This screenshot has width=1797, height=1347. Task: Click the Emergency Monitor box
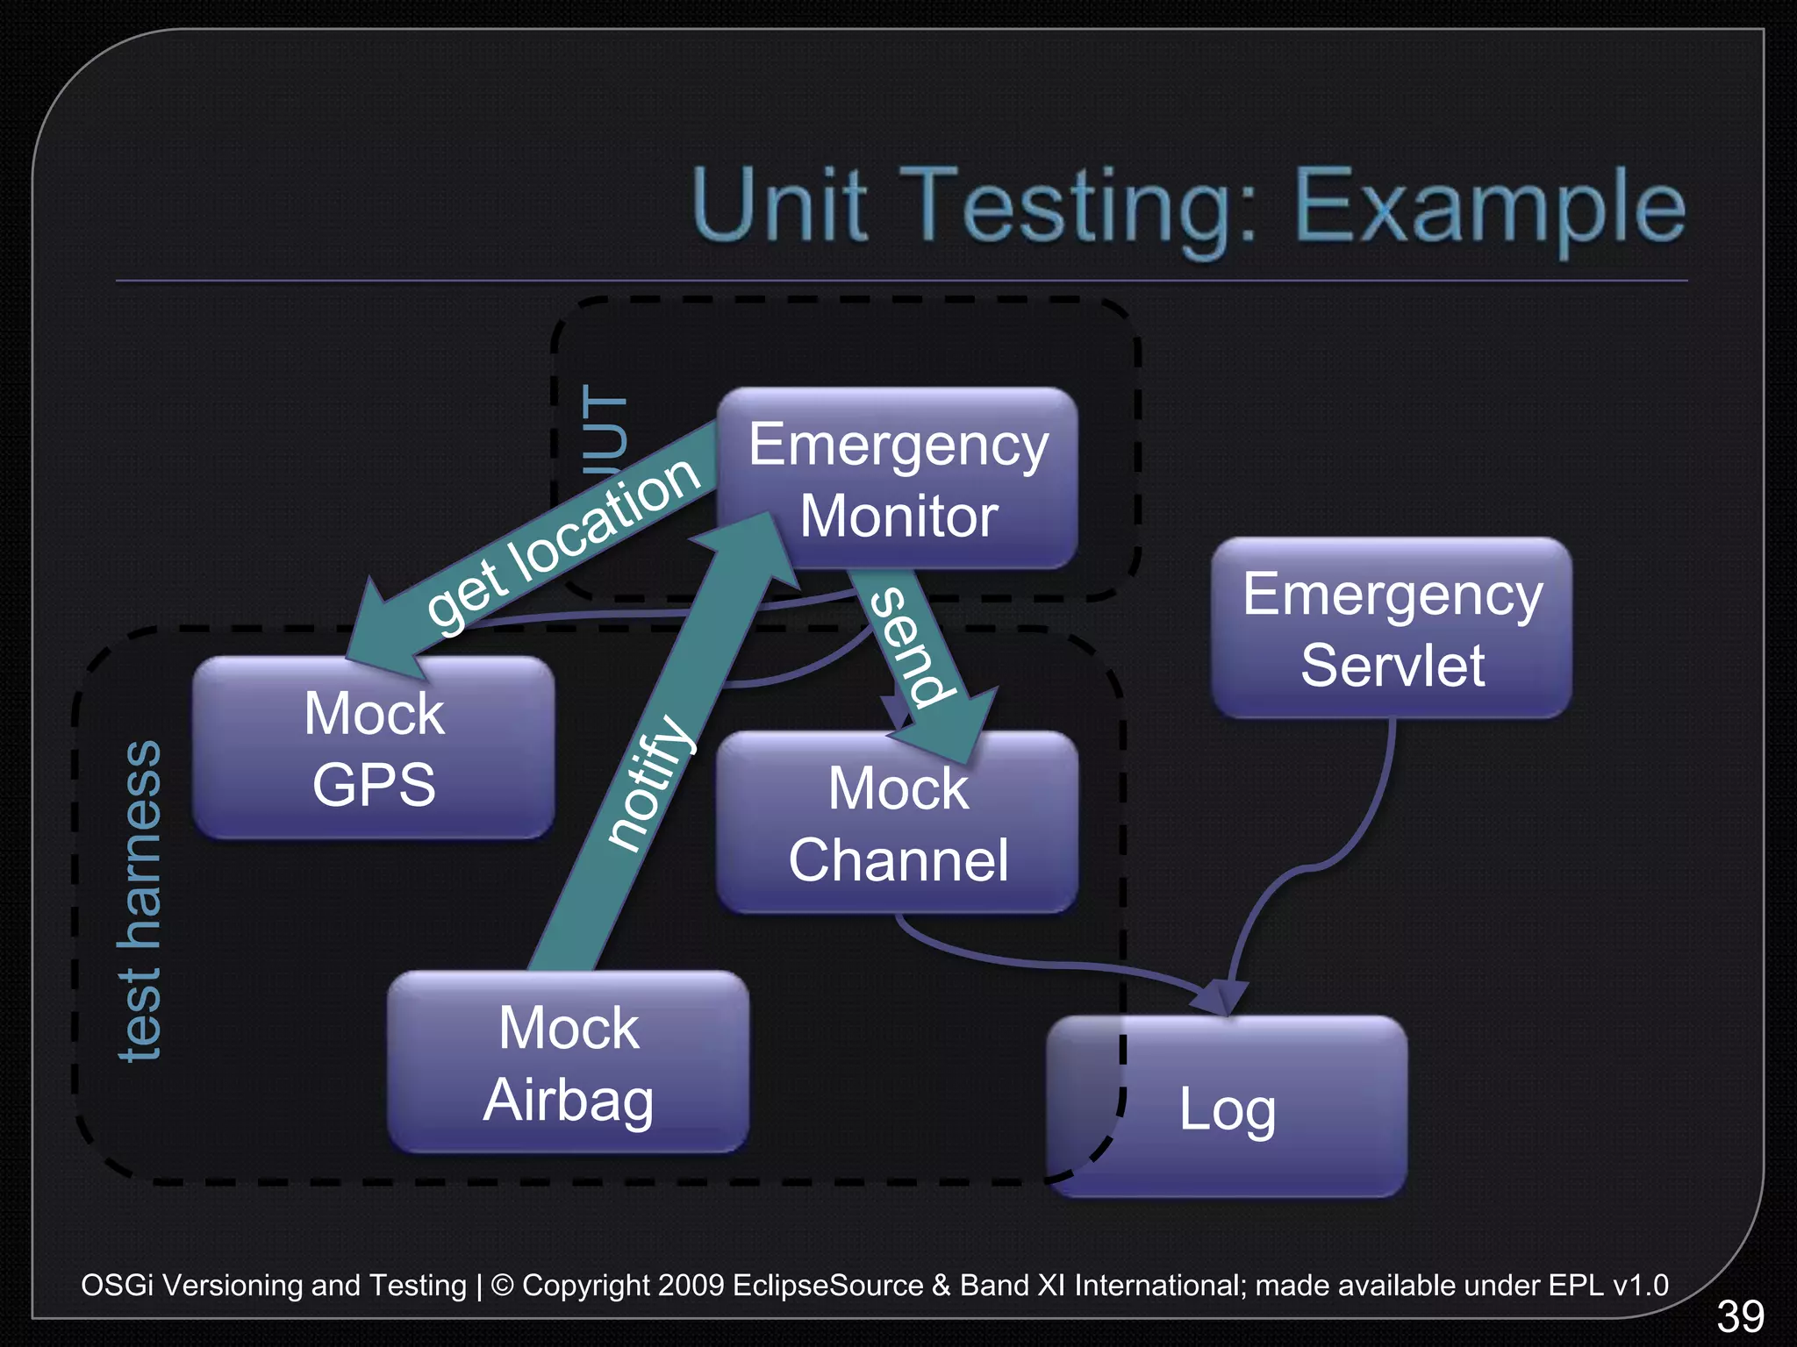pos(898,478)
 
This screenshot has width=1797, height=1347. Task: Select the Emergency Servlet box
pos(1392,628)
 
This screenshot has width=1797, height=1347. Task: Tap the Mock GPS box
pos(374,747)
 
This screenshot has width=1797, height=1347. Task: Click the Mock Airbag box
pos(569,1062)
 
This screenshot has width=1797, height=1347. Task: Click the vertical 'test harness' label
pos(140,900)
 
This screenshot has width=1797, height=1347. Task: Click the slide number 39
pos(1740,1315)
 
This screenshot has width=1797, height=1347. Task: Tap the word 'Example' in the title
pos(1489,207)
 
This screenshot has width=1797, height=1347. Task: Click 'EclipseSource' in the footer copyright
pos(827,1285)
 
